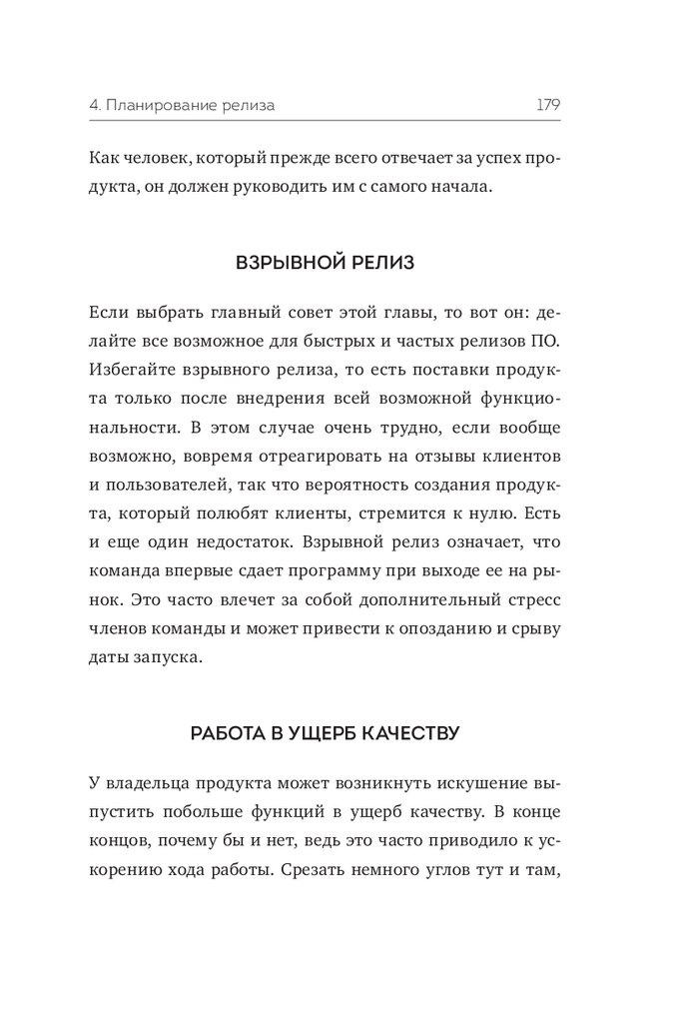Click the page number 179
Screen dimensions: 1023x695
(x=547, y=103)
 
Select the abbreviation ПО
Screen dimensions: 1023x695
(x=547, y=341)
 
